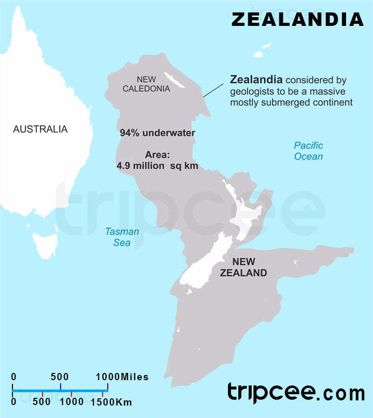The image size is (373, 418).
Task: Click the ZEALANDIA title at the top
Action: pos(297,19)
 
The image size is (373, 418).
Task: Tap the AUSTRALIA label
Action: pos(40,129)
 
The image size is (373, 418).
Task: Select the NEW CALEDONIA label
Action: pos(146,84)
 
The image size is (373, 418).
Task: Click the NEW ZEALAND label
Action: pos(243,267)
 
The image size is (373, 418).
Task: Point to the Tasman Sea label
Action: pos(122,237)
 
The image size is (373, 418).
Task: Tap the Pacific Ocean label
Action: pos(308,151)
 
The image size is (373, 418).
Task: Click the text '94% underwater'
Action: pos(157,133)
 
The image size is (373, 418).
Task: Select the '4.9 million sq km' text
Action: pos(157,166)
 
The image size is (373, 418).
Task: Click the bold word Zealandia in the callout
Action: pos(256,80)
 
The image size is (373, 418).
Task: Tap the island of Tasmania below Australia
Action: pos(45,244)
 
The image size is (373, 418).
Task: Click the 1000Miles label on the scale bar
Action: pos(122,377)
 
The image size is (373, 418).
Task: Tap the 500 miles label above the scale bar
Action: pos(60,377)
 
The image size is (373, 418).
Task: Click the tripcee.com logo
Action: pos(296,393)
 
